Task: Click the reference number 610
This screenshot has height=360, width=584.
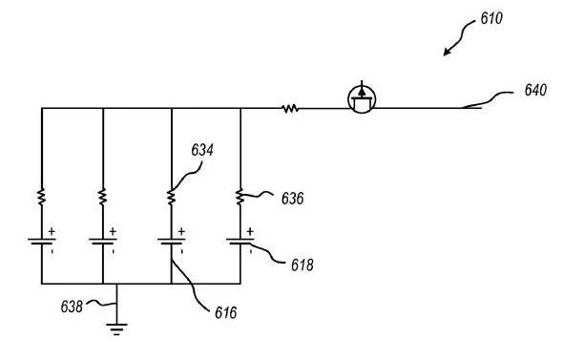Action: (491, 18)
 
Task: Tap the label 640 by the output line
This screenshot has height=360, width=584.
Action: (535, 90)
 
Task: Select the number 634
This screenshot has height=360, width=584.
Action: (202, 150)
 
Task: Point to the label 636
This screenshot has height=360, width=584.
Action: (292, 199)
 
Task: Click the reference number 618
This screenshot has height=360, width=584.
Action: (302, 265)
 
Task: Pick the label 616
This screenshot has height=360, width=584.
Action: (226, 312)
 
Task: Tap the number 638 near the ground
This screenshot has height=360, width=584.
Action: (72, 307)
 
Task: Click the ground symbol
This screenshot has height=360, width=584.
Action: (116, 329)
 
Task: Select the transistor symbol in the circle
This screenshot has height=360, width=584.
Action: (362, 98)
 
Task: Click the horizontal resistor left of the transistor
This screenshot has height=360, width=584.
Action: (290, 109)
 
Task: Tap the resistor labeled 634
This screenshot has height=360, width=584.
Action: (172, 197)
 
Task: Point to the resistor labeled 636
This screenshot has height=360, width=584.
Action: (240, 197)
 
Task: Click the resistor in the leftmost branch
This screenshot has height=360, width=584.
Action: (42, 197)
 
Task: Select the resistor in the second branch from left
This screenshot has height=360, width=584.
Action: (103, 197)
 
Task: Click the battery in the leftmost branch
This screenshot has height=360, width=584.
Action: (42, 242)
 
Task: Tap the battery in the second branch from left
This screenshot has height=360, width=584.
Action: (103, 242)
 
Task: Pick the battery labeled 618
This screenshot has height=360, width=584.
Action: (240, 242)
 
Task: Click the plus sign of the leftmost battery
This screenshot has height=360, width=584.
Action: (52, 231)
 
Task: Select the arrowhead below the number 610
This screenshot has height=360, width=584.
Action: (448, 52)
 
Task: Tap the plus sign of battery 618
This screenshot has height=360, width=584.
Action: (250, 231)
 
